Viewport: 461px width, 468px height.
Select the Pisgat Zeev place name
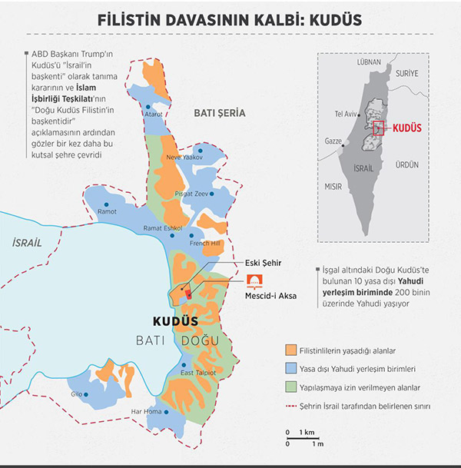click(x=191, y=194)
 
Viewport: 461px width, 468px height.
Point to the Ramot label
click(x=108, y=211)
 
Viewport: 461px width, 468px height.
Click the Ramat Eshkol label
click(x=161, y=229)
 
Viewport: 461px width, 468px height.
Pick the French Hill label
click(x=205, y=244)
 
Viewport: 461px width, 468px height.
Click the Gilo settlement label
click(x=77, y=394)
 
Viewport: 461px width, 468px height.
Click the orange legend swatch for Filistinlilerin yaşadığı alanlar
click(x=290, y=350)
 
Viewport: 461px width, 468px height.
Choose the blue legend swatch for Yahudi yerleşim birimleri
click(x=290, y=369)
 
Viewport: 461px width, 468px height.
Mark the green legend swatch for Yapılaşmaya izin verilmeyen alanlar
click(x=290, y=387)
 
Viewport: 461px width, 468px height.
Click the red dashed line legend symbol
click(x=290, y=406)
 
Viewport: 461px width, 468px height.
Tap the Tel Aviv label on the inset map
click(x=346, y=114)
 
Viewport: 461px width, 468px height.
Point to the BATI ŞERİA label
click(x=220, y=113)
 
